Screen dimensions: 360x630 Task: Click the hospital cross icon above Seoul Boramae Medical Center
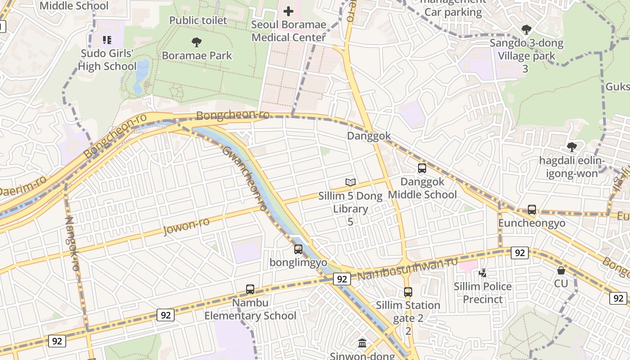[x=288, y=11]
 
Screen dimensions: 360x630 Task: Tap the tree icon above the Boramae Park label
[x=197, y=43]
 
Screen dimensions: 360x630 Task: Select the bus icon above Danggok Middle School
[x=422, y=169]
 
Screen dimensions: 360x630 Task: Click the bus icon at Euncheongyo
[x=532, y=210]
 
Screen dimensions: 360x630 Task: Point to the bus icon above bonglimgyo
[x=298, y=249]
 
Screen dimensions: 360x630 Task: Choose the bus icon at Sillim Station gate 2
[x=408, y=292]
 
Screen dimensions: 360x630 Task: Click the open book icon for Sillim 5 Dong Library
[x=351, y=182]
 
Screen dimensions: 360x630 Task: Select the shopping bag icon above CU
[x=561, y=270]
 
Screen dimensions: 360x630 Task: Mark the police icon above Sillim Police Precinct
[x=483, y=273]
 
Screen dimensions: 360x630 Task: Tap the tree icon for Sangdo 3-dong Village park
[x=526, y=30]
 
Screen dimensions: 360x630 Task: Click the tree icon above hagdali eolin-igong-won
[x=572, y=147]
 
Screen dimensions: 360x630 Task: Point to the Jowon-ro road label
[x=186, y=226]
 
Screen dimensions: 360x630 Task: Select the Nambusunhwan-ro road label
[x=409, y=269]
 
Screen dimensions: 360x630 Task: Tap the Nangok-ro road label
[x=72, y=243]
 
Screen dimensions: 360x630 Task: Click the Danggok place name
[x=369, y=136]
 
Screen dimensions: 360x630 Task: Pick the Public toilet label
[x=198, y=20]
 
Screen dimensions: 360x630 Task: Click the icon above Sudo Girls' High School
[x=107, y=40]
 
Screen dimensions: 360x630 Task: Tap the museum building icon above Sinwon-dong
[x=362, y=343]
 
